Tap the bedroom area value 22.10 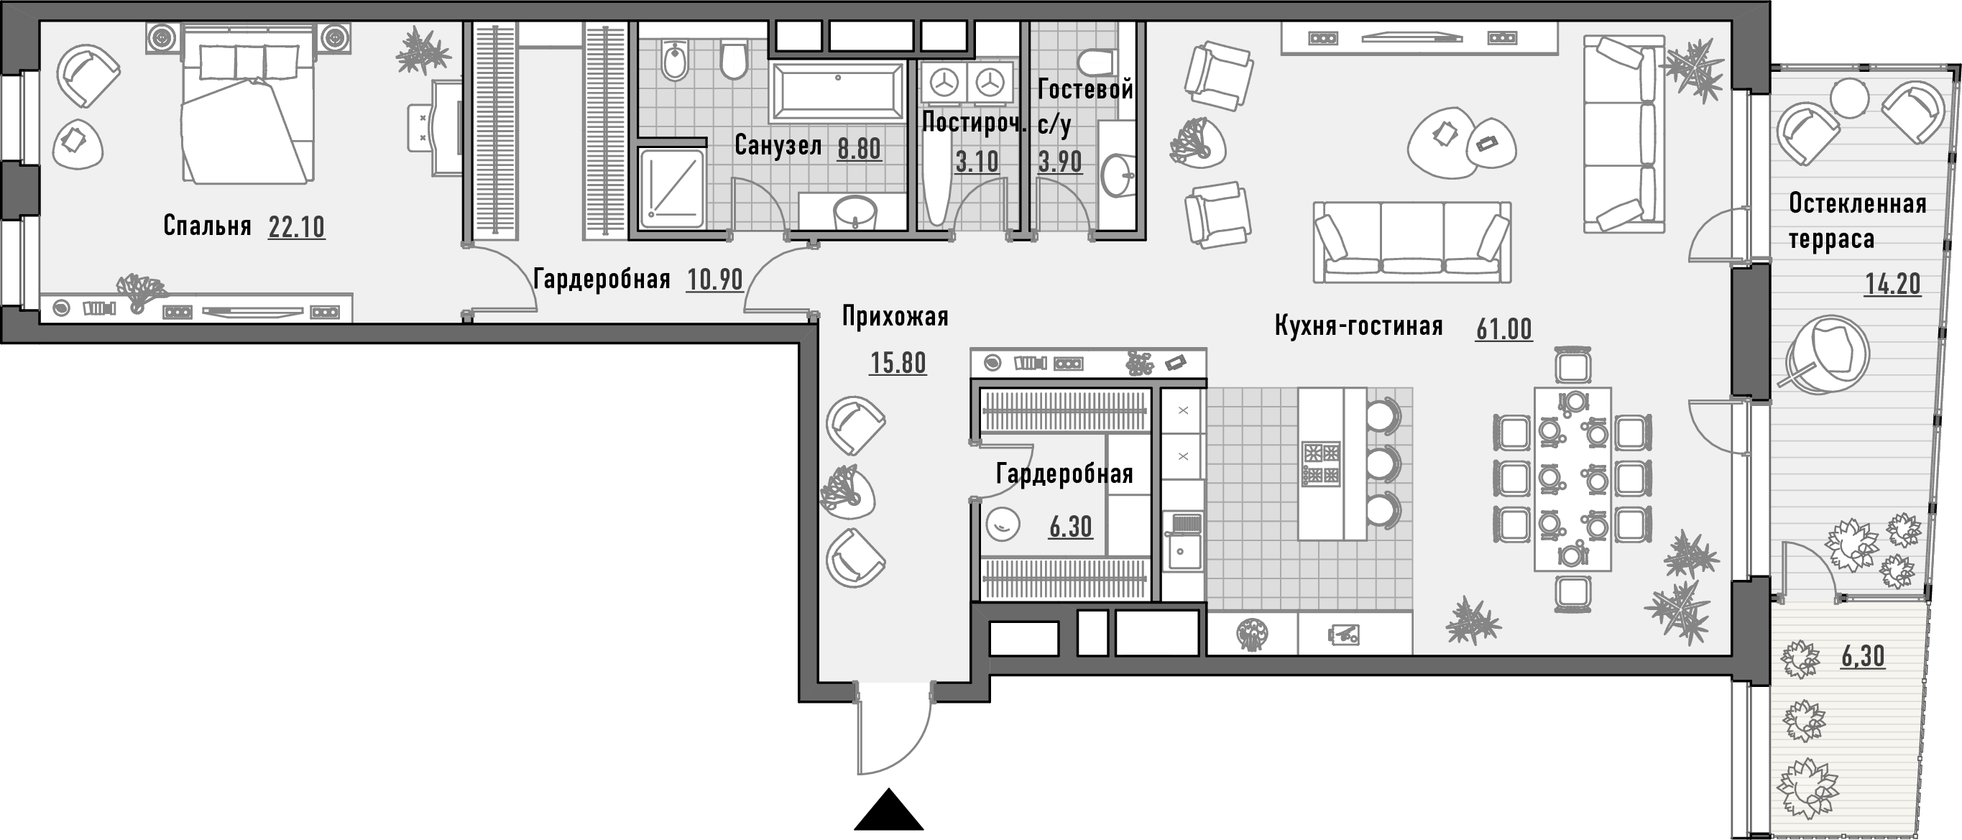tap(296, 227)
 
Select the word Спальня tap(207, 226)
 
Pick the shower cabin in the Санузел tap(671, 189)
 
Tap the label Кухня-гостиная tap(1359, 326)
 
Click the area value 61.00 tap(1503, 329)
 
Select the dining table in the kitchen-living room tap(1572, 479)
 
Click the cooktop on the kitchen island tap(1322, 463)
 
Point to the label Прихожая tap(895, 316)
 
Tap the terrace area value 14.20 tap(1893, 284)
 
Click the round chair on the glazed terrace tap(1826, 354)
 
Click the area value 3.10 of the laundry tap(977, 162)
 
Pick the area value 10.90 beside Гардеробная tap(714, 280)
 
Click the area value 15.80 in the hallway tap(898, 364)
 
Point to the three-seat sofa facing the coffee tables tap(1412, 241)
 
